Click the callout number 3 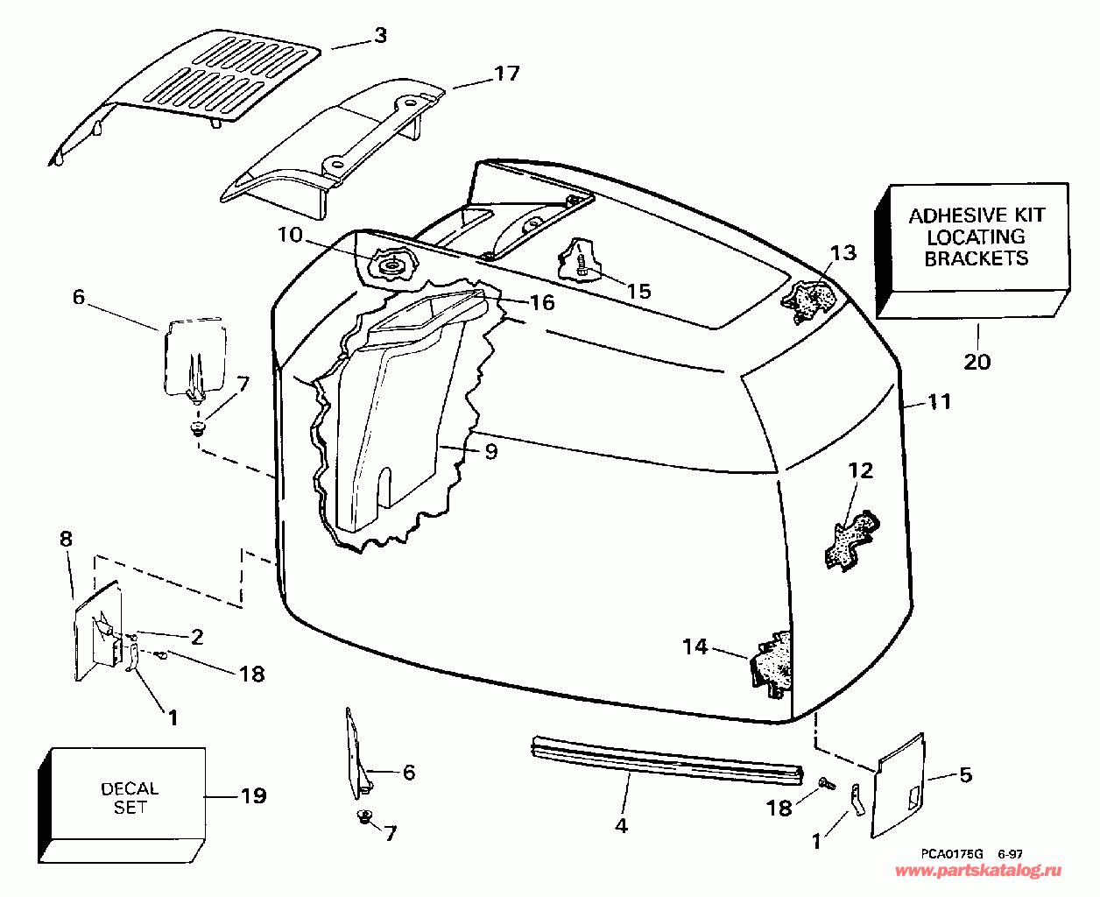pos(379,36)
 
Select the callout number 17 pos(507,74)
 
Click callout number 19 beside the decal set pos(254,796)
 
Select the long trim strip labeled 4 pos(666,759)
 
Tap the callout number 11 pos(939,402)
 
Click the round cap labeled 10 pos(391,264)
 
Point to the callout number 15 pos(639,291)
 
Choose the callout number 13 pos(843,253)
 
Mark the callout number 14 pos(695,647)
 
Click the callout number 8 pos(67,540)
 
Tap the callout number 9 pos(490,451)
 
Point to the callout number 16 pos(542,302)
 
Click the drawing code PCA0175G pos(952,853)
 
